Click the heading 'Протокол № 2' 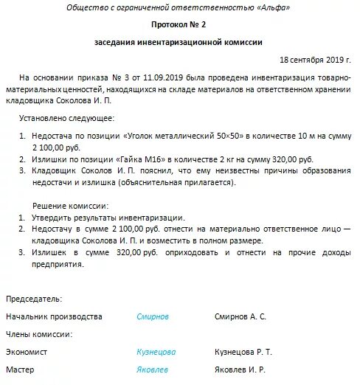click(x=179, y=26)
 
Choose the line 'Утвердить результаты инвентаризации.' click(x=110, y=218)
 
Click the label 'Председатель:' click(x=34, y=299)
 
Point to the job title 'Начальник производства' click(x=54, y=316)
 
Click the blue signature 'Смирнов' click(x=153, y=316)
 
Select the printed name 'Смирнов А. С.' click(x=240, y=316)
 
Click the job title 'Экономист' click(x=27, y=352)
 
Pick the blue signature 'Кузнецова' click(x=156, y=352)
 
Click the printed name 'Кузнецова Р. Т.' click(x=243, y=352)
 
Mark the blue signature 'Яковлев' click(x=152, y=370)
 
